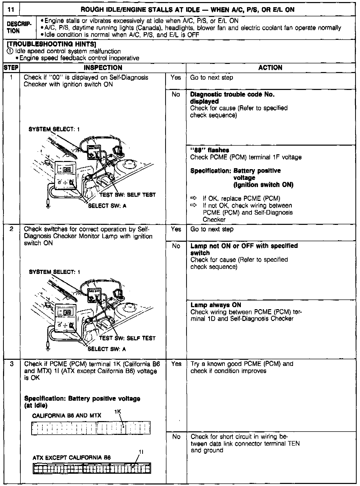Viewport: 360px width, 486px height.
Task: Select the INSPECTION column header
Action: tap(103, 68)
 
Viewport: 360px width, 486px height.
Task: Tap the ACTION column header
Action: tap(270, 68)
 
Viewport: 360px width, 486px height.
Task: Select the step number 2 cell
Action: tap(11, 229)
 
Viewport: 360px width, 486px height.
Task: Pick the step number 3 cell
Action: tap(11, 364)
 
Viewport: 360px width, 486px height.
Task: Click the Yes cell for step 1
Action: tap(176, 78)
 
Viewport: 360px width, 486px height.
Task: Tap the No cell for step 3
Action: tap(176, 437)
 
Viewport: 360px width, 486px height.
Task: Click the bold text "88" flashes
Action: tap(209, 150)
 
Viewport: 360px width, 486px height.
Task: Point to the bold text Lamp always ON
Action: tap(216, 305)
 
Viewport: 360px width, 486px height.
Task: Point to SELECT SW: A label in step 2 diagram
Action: tap(107, 349)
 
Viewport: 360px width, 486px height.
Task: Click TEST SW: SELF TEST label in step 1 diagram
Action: tap(127, 195)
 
